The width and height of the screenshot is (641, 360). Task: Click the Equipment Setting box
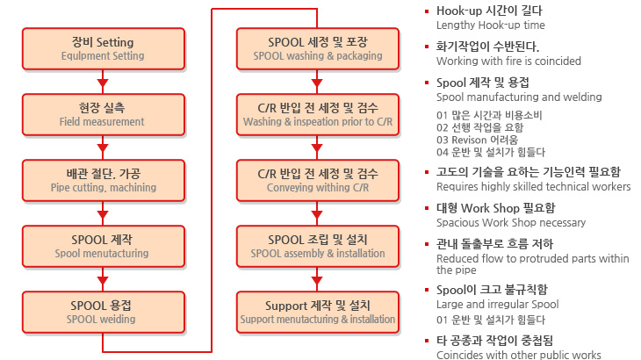(x=103, y=48)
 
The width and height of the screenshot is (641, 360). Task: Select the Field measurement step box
(x=103, y=114)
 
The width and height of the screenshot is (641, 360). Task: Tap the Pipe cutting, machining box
(x=103, y=180)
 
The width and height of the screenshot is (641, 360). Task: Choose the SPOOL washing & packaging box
(x=318, y=48)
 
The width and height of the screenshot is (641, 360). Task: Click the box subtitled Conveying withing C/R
(x=318, y=180)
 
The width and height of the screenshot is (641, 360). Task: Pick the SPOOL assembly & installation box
(x=318, y=246)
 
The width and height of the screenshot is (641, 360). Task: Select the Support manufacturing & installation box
(x=318, y=312)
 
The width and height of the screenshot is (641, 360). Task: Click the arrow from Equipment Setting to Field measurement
(x=103, y=82)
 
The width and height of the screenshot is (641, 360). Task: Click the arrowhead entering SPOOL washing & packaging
(x=318, y=21)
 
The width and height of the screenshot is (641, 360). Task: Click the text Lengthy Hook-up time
(x=490, y=25)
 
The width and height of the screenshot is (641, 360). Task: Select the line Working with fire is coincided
(x=508, y=61)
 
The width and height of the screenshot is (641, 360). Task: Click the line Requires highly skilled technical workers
(x=533, y=186)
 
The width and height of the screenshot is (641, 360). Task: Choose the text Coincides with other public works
(x=518, y=355)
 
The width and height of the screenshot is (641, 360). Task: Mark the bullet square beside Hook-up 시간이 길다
(x=427, y=11)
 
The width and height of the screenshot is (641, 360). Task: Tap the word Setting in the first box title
(x=114, y=42)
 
